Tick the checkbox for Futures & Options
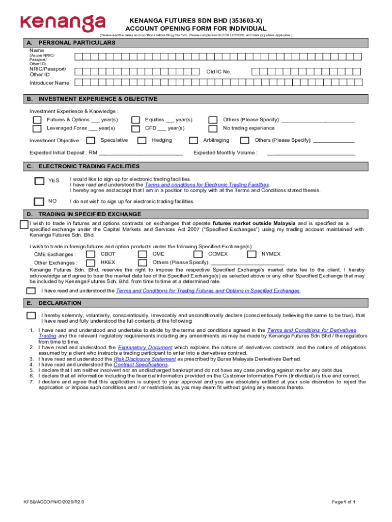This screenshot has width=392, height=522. click(x=37, y=120)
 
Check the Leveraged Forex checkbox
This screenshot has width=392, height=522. click(x=37, y=128)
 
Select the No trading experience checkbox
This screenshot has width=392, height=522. click(x=213, y=128)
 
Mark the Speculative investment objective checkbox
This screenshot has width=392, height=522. click(x=91, y=141)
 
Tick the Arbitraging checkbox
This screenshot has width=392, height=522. click(x=193, y=141)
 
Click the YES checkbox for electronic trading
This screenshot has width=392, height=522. click(x=39, y=181)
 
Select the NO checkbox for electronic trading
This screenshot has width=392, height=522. click(x=39, y=201)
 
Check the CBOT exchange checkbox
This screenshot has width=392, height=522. click(x=91, y=254)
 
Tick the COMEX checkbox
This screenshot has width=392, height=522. click(x=199, y=254)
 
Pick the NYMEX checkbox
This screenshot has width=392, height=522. click(x=251, y=254)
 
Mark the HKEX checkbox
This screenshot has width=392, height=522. click(x=91, y=263)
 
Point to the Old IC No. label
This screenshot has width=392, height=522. click(x=218, y=72)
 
